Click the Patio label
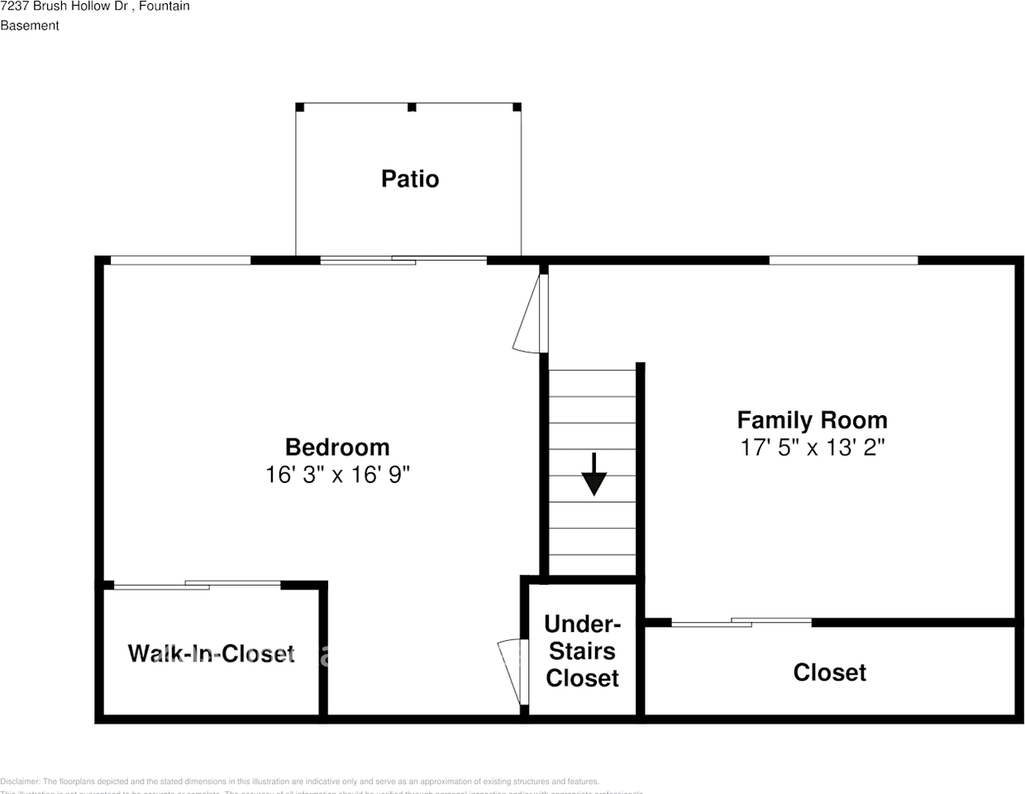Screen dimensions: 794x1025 click(x=410, y=179)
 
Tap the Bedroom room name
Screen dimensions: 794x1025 click(x=337, y=447)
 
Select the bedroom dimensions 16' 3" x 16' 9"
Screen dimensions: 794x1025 click(x=337, y=475)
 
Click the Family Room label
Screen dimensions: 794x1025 click(x=812, y=420)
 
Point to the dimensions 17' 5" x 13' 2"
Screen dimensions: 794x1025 click(x=812, y=447)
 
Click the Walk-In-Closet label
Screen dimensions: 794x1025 click(x=211, y=653)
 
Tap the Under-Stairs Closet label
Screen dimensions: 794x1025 click(x=582, y=651)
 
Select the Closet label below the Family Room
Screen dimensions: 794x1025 click(x=829, y=672)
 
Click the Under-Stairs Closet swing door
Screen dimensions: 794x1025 click(x=513, y=671)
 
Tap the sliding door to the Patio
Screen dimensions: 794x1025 click(x=403, y=261)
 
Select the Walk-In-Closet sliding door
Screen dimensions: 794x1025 click(x=197, y=585)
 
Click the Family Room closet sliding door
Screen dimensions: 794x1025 click(x=741, y=622)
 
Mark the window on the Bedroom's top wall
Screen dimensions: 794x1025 click(x=180, y=261)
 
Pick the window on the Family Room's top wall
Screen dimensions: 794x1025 click(x=843, y=261)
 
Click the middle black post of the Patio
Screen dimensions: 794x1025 click(x=412, y=108)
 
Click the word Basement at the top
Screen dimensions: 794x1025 click(x=30, y=26)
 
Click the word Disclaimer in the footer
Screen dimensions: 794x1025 click(x=20, y=781)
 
